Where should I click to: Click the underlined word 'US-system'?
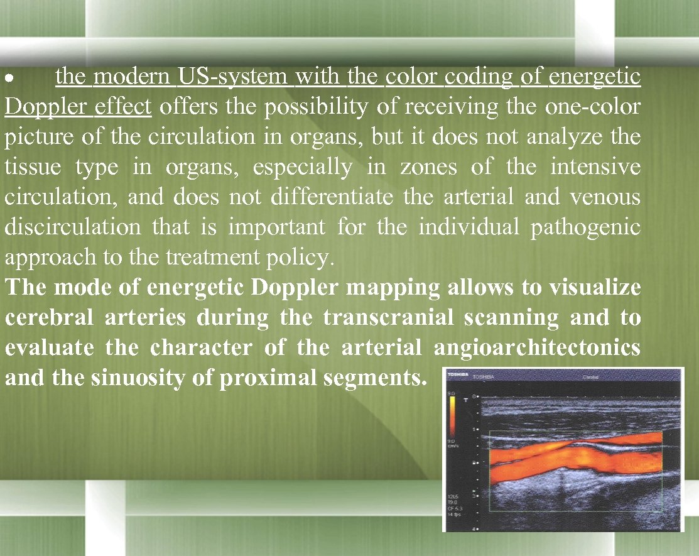233,77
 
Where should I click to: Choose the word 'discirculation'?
73,227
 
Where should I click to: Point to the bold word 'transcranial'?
388,318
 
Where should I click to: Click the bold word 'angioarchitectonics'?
537,348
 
